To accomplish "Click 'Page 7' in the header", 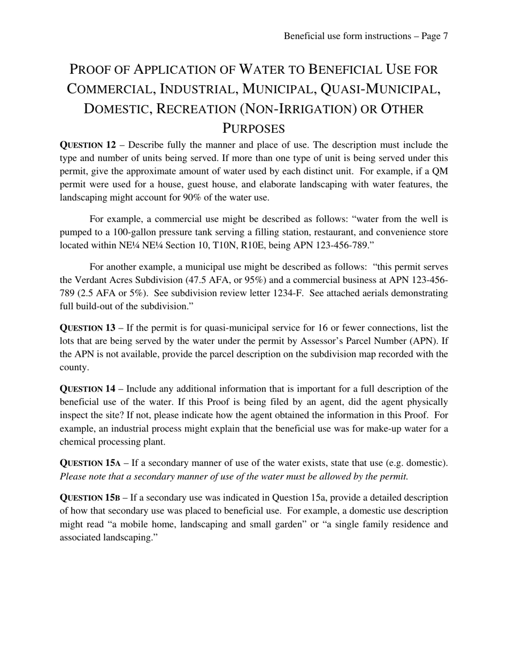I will pyautogui.click(x=434, y=36).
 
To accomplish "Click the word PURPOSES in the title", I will pyautogui.click(x=253, y=129).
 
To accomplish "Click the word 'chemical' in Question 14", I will pyautogui.click(x=76, y=442).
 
